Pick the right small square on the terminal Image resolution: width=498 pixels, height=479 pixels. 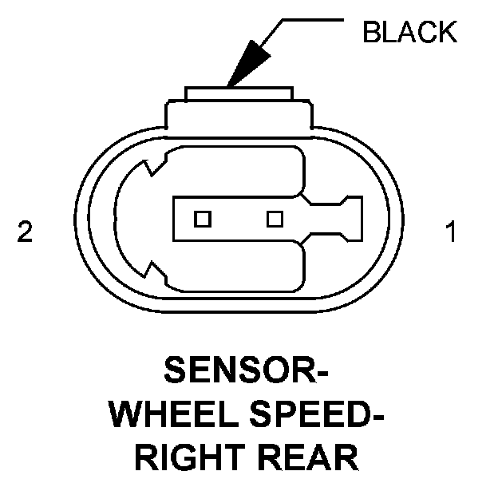[x=275, y=218]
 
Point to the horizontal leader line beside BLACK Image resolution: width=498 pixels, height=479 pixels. [x=316, y=21]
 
